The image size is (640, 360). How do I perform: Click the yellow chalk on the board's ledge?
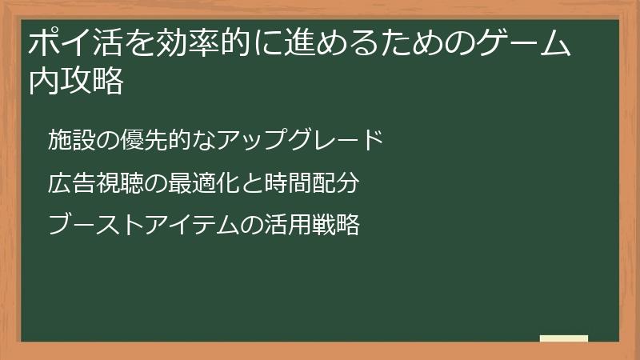click(564, 338)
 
